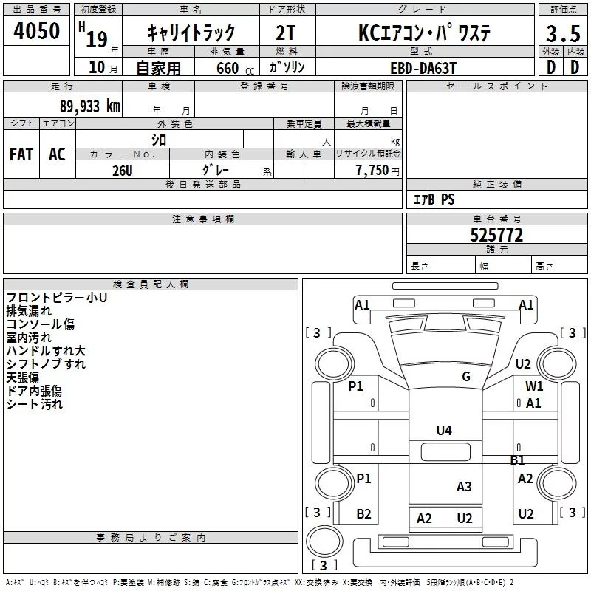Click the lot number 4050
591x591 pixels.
click(36, 30)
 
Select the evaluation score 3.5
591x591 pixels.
click(563, 33)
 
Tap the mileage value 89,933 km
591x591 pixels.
click(90, 106)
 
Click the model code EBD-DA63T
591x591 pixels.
click(423, 68)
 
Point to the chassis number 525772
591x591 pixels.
click(496, 235)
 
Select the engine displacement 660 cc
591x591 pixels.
click(235, 68)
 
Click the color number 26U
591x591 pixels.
click(123, 171)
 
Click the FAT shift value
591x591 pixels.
click(21, 154)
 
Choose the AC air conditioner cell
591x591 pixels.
click(57, 154)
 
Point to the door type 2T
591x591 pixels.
click(285, 33)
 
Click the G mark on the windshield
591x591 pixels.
click(466, 376)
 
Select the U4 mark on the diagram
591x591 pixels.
click(444, 430)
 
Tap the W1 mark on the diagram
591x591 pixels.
click(534, 386)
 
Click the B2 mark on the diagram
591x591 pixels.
click(363, 513)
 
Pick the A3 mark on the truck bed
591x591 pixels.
click(464, 486)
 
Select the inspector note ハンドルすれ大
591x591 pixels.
click(46, 350)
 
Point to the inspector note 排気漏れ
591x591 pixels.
click(29, 311)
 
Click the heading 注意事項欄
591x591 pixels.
click(203, 219)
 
